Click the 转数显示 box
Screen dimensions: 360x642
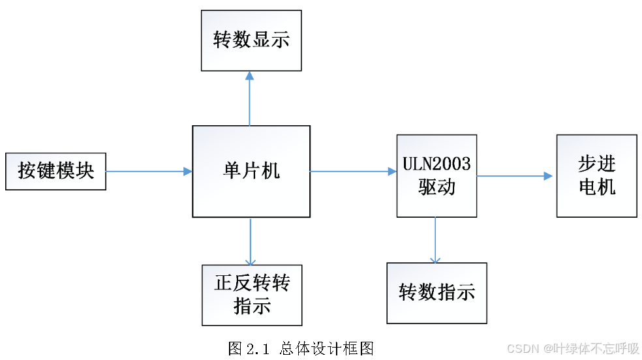point(251,40)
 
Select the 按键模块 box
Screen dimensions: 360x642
point(55,172)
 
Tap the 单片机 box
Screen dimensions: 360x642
point(251,172)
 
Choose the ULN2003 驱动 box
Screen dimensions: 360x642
point(436,175)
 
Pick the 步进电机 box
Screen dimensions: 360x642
point(596,175)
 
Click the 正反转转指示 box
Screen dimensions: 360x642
point(252,295)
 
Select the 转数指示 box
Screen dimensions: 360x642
point(436,293)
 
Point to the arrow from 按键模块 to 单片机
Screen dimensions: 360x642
point(149,172)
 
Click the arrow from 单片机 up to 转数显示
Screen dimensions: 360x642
point(249,98)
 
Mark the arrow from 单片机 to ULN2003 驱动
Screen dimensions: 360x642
point(353,172)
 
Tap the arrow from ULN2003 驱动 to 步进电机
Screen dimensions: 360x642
point(515,176)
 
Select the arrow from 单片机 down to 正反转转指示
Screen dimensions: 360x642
point(251,241)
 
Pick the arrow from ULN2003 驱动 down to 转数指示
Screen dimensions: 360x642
point(435,240)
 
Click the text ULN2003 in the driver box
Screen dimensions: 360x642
point(436,164)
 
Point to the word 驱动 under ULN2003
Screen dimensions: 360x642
point(436,188)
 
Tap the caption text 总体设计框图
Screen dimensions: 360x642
point(326,348)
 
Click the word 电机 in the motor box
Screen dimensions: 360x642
point(596,188)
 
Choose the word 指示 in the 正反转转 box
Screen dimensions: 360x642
point(252,307)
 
